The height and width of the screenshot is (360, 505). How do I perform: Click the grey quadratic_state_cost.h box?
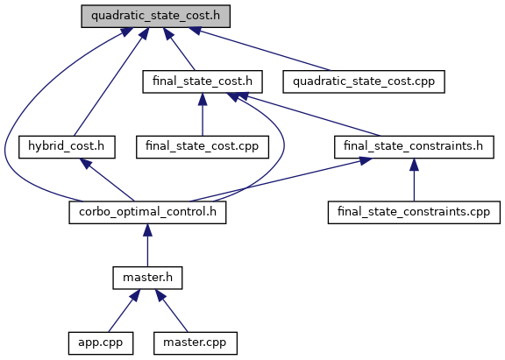155,16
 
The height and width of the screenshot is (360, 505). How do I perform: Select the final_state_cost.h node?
203,81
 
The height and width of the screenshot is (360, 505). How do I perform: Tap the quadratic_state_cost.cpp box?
364,81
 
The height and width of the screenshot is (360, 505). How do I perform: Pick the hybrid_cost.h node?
67,146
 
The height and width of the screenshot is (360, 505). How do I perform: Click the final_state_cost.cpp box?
203,146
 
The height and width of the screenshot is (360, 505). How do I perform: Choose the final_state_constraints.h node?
414,146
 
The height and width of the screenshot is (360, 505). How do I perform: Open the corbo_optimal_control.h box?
147,212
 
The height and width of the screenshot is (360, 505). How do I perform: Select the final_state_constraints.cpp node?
414,212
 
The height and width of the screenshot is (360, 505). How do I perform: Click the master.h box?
147,278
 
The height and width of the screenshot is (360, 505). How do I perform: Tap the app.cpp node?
101,343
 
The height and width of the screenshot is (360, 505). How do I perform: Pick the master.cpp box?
196,343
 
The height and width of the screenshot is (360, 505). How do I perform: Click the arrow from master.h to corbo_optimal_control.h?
147,245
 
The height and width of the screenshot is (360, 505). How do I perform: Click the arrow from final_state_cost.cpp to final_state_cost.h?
203,115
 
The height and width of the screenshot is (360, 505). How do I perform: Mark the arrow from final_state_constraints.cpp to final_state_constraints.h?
414,180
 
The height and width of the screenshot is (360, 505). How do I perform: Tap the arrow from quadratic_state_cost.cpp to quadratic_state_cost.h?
260,49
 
